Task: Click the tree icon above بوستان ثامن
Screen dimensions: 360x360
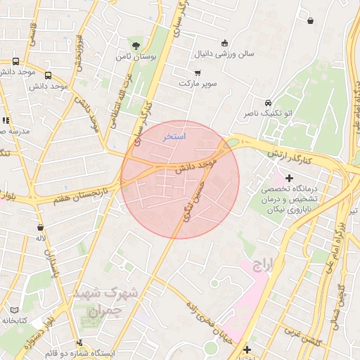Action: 136,44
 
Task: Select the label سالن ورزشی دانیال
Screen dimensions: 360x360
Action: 229,53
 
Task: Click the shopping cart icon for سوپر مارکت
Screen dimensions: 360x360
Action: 198,72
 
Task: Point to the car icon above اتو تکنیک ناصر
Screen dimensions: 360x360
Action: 268,102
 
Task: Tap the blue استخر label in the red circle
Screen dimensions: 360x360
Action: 174,136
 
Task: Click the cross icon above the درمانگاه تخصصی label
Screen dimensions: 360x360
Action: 288,179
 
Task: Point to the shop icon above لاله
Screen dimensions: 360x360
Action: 41,228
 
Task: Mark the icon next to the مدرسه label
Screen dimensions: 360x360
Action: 6,120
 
